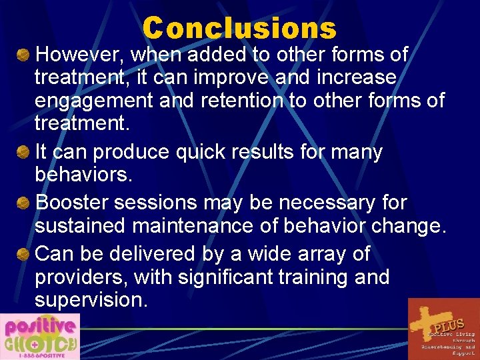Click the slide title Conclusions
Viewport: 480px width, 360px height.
(239, 28)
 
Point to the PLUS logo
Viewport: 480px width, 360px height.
(443, 329)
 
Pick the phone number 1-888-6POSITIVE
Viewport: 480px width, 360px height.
(39, 355)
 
